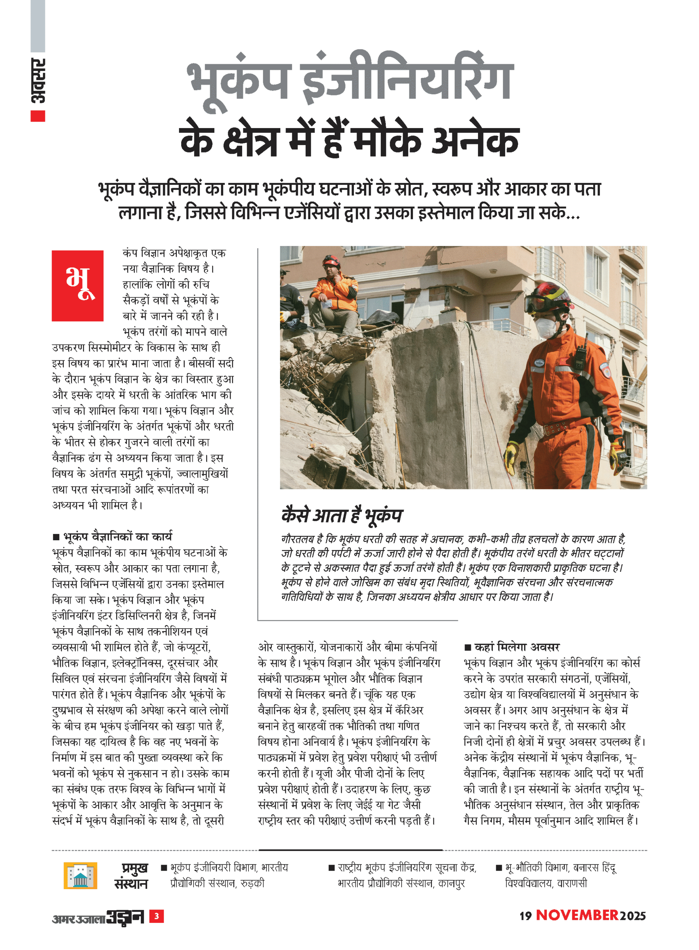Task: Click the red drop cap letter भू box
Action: (x=77, y=286)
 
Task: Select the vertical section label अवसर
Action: (x=38, y=80)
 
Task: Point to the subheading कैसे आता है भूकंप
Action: (x=342, y=515)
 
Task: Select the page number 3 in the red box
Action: (x=157, y=916)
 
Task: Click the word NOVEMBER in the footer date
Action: (x=577, y=915)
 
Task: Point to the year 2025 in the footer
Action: (x=633, y=916)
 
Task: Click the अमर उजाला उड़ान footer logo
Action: (x=98, y=917)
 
